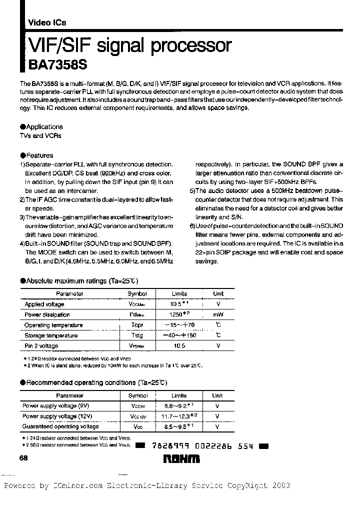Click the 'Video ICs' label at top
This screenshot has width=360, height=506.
(x=46, y=23)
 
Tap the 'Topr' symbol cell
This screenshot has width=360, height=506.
(x=137, y=325)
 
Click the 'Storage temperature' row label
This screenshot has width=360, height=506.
(x=51, y=335)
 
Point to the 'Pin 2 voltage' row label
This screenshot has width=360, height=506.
(x=41, y=346)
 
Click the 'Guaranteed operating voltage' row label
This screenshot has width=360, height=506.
(x=60, y=426)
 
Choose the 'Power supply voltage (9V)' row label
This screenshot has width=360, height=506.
(x=56, y=405)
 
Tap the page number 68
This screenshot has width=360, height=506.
(x=23, y=459)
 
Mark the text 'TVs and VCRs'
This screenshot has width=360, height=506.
(x=40, y=136)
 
